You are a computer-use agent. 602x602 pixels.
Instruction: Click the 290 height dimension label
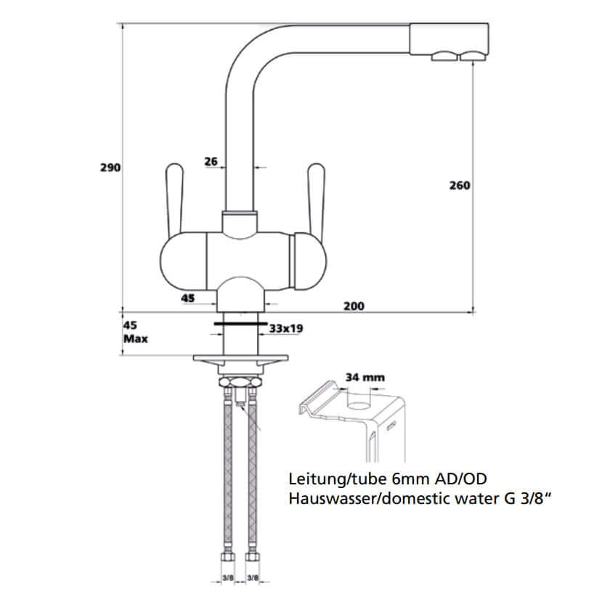(110, 167)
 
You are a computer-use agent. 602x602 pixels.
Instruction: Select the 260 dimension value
(460, 185)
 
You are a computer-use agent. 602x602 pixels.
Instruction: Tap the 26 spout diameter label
(211, 162)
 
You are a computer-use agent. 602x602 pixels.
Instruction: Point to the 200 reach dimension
(354, 306)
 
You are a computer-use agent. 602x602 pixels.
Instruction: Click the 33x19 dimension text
(286, 329)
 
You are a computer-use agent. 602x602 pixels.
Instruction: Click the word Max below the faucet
(136, 338)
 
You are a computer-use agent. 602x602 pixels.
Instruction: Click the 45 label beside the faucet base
(187, 298)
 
